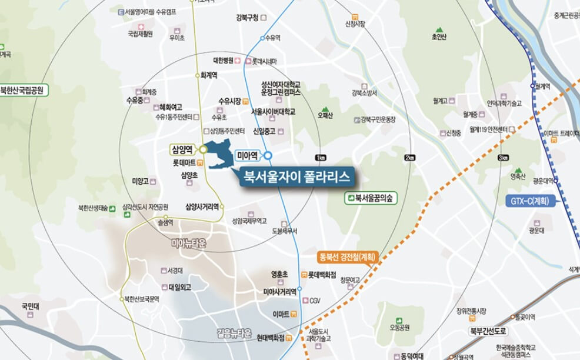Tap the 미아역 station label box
(x=248, y=156)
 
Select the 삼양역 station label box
(x=183, y=150)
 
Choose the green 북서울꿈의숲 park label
(x=371, y=199)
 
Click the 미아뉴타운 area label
(x=190, y=242)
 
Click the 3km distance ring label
(x=502, y=158)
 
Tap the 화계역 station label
(x=209, y=75)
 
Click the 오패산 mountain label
(x=325, y=115)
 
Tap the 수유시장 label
(x=229, y=101)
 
